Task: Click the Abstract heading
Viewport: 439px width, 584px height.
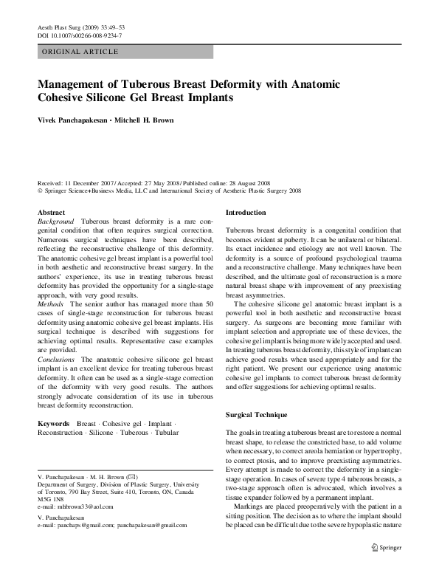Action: coord(51,212)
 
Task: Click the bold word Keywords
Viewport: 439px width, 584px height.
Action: coord(54,423)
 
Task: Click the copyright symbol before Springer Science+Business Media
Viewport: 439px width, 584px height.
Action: coord(40,190)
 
